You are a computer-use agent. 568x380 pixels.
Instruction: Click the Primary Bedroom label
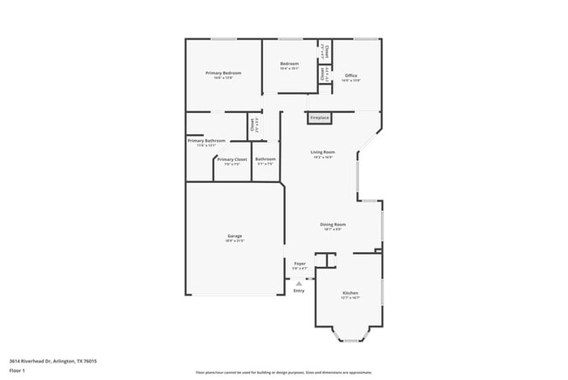tap(223, 73)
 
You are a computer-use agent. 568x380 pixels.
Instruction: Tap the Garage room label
tap(235, 236)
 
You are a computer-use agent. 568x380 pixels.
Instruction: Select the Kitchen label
tap(350, 292)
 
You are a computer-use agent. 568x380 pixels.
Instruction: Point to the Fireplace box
tap(320, 117)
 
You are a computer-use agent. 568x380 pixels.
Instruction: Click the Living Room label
tap(323, 152)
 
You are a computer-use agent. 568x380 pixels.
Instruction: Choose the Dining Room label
tap(335, 224)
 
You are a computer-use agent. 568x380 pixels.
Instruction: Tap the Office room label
tap(350, 75)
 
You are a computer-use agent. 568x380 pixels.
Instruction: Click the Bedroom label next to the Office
tap(289, 64)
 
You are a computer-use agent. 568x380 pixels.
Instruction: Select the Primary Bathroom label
tap(206, 141)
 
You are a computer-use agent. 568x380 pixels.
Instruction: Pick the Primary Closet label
tap(232, 159)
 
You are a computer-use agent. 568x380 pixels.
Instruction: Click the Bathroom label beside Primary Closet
tap(265, 159)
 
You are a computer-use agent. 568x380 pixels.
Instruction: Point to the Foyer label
tap(299, 263)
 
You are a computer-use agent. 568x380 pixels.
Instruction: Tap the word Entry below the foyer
tap(299, 290)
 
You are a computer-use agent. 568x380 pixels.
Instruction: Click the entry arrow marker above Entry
tap(299, 282)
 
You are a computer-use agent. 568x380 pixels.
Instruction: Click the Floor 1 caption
tap(17, 371)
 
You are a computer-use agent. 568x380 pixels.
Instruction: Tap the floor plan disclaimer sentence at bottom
tap(283, 372)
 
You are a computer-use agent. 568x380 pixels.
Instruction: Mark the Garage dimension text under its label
tap(235, 241)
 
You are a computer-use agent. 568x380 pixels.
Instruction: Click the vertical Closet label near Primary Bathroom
tap(252, 124)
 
